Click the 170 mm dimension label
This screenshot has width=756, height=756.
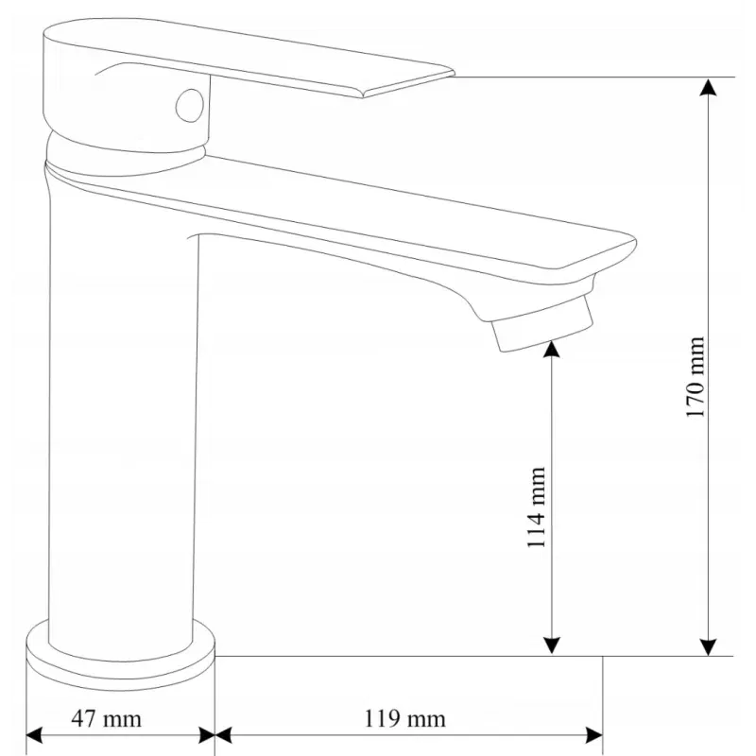tap(696, 378)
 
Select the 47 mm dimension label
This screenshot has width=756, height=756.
tap(106, 719)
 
